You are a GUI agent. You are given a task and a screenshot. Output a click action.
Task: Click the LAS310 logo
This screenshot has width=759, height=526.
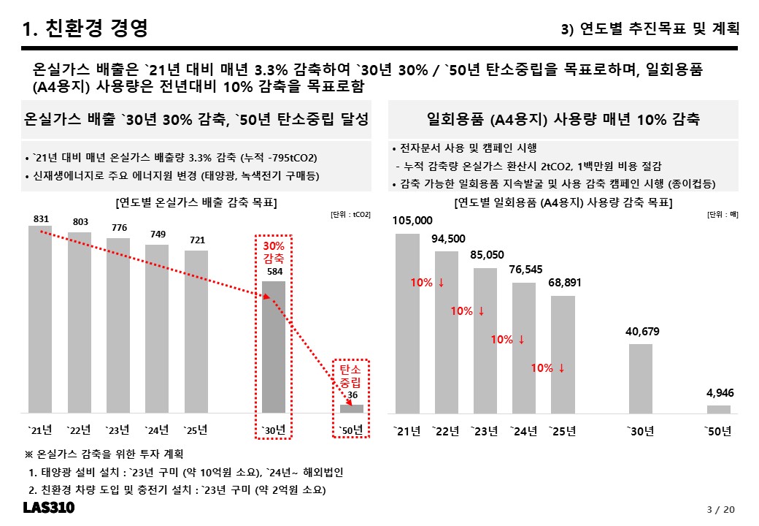point(49,508)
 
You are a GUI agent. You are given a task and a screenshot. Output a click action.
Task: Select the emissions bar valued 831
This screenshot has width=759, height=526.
point(40,320)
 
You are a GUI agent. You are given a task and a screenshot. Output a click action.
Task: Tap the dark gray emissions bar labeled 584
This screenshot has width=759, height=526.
point(274,347)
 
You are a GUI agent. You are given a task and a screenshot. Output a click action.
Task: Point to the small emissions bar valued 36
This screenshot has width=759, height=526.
point(352,409)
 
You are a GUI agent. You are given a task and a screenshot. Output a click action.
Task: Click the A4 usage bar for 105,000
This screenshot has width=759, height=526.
point(407,324)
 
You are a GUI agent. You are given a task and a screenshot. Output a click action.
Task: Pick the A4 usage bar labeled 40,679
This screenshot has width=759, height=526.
point(641,378)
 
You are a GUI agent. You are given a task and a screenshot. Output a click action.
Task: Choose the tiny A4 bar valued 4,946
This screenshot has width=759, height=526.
point(719,409)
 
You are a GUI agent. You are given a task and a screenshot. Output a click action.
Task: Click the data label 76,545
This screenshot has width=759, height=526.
point(525,270)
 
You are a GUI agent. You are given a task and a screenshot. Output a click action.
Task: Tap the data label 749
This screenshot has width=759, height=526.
point(158,235)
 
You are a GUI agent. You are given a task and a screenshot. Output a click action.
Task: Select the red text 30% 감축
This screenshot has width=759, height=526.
point(274,252)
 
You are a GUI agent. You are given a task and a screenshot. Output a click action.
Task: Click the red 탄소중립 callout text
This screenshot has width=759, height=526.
point(350,376)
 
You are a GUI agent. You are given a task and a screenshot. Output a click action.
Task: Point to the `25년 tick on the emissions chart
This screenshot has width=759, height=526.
point(196,430)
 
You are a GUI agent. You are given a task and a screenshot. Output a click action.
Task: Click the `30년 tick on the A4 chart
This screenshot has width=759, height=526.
point(641,431)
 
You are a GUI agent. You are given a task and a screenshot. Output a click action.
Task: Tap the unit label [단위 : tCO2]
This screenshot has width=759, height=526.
point(350,215)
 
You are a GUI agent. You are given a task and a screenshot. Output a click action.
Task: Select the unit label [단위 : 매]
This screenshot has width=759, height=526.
point(723,215)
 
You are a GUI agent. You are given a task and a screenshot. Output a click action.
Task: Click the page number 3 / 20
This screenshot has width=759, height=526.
point(721,509)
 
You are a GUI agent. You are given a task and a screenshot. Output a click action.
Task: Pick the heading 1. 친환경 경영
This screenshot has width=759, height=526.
point(85,28)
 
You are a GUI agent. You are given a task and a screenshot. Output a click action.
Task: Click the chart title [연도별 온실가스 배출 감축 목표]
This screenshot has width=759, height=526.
point(196,202)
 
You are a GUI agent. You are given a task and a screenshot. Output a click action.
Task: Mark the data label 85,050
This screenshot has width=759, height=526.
point(487,255)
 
